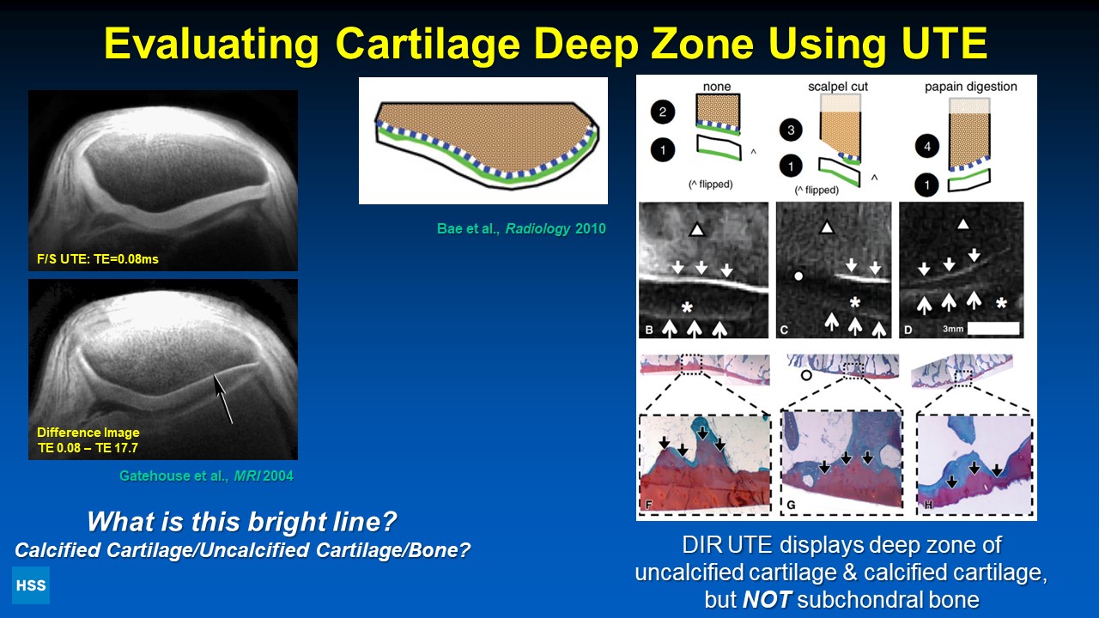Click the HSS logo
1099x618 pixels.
[x=31, y=585]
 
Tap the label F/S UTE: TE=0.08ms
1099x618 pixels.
[x=98, y=259]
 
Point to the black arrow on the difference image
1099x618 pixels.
[x=222, y=398]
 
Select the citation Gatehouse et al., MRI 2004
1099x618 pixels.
[x=207, y=476]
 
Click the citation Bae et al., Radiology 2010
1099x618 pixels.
[x=521, y=228]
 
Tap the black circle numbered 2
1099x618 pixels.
[x=662, y=112]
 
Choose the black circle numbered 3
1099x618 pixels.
[x=791, y=130]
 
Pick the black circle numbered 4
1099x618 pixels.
[x=926, y=146]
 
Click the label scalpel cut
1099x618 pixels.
[x=838, y=87]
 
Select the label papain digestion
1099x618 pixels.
[x=971, y=87]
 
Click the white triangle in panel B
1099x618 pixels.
[x=696, y=228]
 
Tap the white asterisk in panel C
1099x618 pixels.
[x=854, y=302]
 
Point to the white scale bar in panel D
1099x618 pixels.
[x=993, y=328]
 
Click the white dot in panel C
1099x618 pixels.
[x=798, y=276]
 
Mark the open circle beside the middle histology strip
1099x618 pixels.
[x=806, y=376]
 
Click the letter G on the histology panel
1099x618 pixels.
[x=791, y=505]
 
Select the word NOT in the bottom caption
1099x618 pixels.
[x=767, y=599]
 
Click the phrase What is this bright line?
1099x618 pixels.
[x=242, y=521]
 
